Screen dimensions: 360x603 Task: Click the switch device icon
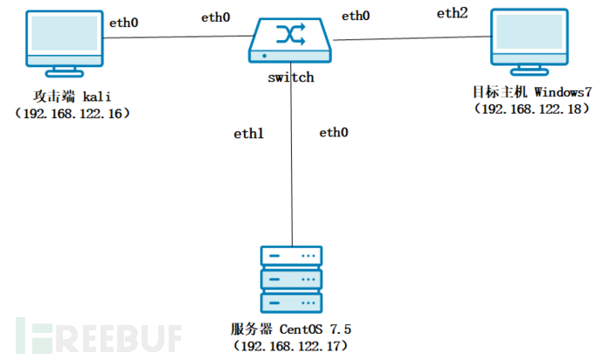pos(290,41)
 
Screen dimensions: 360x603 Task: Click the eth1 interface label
pos(248,134)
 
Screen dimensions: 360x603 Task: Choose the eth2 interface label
pos(454,13)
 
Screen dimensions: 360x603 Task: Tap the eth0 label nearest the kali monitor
pos(123,23)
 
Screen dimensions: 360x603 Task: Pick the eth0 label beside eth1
pos(333,133)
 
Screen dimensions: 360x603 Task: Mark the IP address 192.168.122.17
pos(289,347)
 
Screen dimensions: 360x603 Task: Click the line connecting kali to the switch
pos(175,37)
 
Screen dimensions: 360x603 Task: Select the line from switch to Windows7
pos(411,38)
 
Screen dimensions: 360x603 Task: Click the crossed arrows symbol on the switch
pos(290,34)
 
